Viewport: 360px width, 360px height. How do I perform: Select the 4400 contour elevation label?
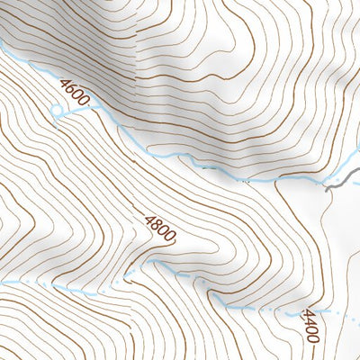pyautogui.click(x=310, y=326)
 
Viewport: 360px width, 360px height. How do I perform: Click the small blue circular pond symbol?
pyautogui.click(x=58, y=112)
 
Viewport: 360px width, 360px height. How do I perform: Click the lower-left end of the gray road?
pyautogui.click(x=325, y=187)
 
